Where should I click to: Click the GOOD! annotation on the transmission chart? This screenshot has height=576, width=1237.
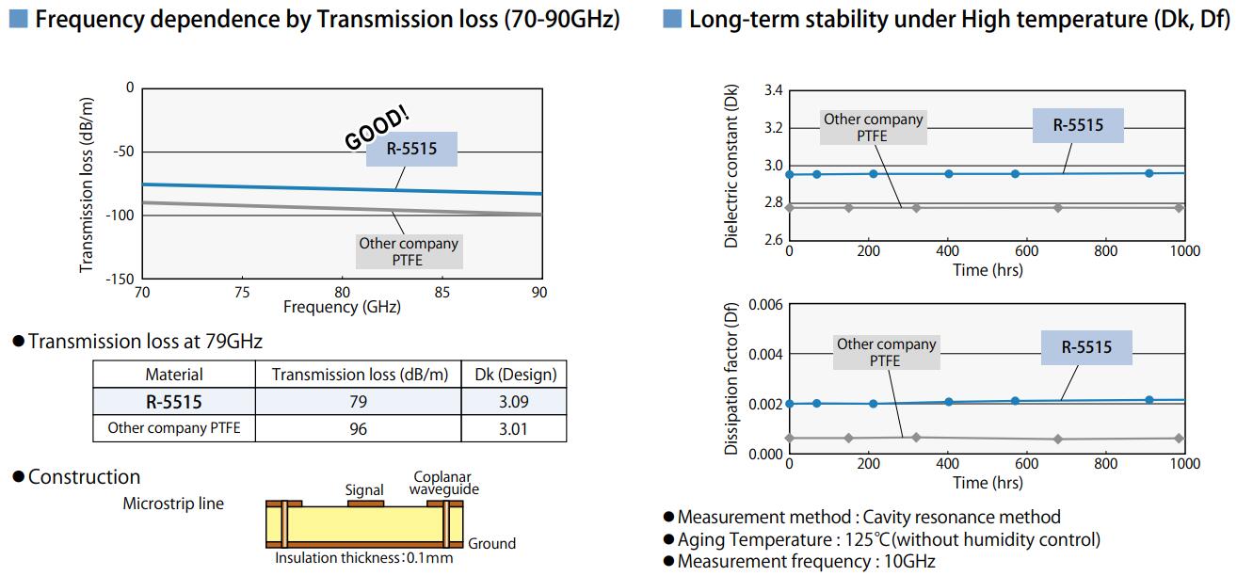click(378, 127)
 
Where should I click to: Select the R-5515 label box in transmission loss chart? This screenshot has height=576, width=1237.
click(411, 149)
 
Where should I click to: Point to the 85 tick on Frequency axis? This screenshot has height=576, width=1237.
click(442, 292)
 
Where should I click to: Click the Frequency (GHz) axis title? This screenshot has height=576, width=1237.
click(342, 307)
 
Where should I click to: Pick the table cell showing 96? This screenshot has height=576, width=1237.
click(358, 429)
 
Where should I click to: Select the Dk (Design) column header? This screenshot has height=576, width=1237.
click(514, 375)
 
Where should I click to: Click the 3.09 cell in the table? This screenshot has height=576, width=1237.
click(514, 402)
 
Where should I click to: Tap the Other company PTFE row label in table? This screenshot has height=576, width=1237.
click(174, 428)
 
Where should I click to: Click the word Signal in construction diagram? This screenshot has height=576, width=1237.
click(364, 489)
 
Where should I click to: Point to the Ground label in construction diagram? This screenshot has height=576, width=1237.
click(491, 543)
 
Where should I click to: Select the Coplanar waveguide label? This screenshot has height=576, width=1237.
click(445, 483)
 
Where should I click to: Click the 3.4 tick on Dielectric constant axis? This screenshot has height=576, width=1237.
click(773, 91)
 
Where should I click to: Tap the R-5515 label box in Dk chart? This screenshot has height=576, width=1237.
click(1078, 125)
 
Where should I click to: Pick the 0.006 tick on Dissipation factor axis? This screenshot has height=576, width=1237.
click(766, 305)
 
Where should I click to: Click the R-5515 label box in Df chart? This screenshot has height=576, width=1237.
click(1086, 347)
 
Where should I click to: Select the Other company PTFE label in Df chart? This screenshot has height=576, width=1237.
click(886, 352)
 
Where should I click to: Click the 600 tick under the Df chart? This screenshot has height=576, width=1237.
click(1027, 464)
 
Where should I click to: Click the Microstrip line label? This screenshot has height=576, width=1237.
click(173, 504)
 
